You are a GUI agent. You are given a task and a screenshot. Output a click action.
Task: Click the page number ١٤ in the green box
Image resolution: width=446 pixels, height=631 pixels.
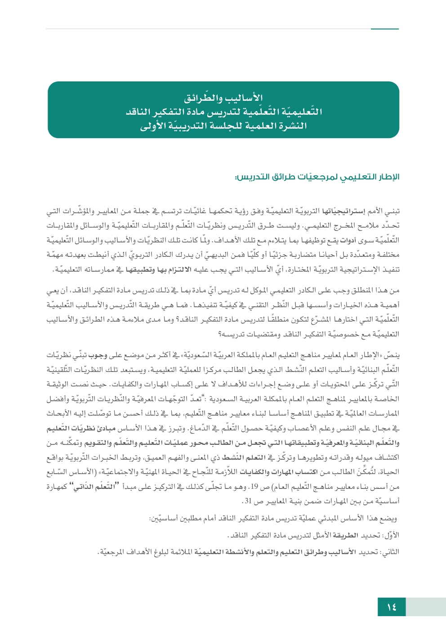coord(392,607)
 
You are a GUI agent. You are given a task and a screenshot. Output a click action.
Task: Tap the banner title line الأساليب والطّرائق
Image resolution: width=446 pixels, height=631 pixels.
coord(223,98)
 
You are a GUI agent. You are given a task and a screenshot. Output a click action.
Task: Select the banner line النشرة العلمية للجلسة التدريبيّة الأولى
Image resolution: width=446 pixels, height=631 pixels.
coord(223,126)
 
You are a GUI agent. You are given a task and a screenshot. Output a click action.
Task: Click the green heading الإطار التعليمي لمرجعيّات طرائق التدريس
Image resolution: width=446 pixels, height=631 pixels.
coord(317,177)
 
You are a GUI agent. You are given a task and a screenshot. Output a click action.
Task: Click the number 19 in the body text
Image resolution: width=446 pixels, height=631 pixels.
coord(254,486)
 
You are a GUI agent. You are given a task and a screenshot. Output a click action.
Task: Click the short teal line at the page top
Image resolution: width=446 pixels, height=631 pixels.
coord(384,29)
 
